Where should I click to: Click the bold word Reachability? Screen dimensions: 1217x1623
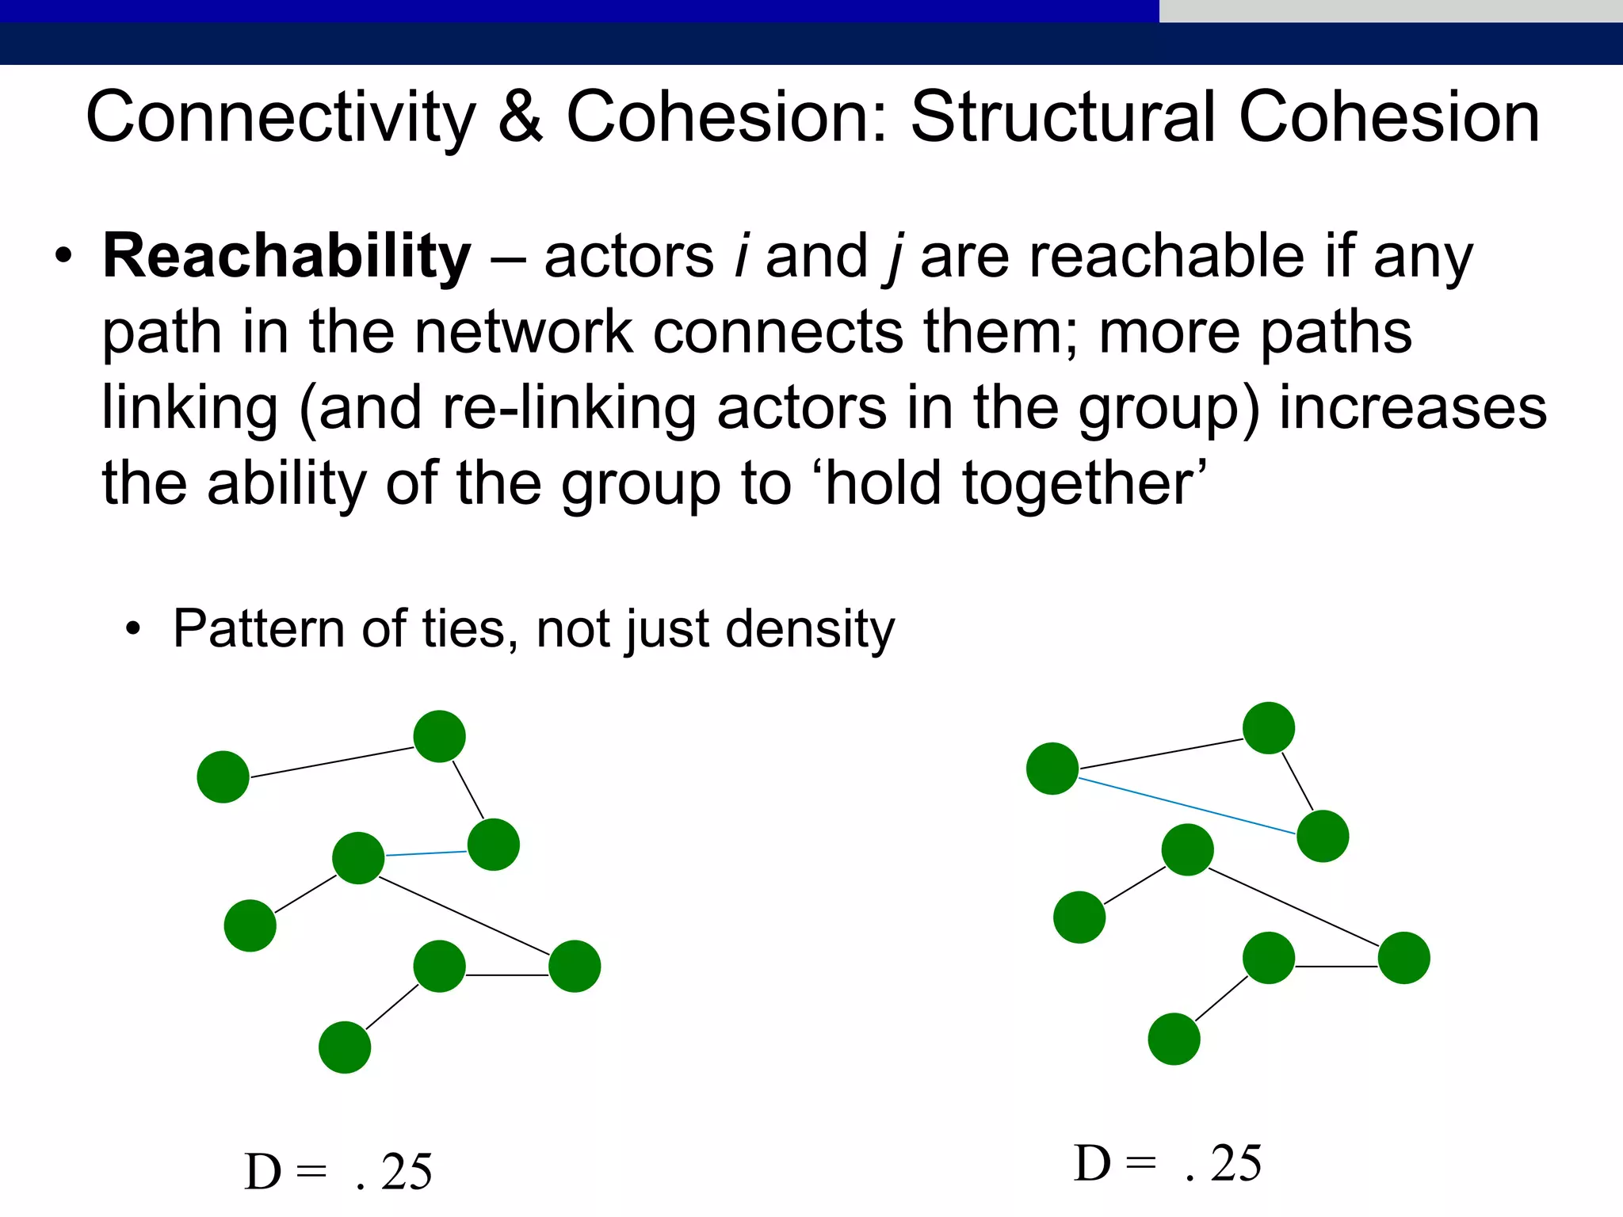tap(287, 258)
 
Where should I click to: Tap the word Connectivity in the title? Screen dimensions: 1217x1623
tap(281, 117)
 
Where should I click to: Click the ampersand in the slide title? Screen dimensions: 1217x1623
tap(521, 117)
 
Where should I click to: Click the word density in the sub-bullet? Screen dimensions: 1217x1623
tap(810, 630)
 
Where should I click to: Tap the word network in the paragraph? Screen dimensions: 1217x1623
tap(524, 332)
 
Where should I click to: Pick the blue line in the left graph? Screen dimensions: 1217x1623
tap(426, 853)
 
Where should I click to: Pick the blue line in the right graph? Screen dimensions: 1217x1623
tap(1186, 807)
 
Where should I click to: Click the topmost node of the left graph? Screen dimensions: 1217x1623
tap(440, 736)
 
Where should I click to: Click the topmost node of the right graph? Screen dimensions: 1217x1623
tap(1269, 728)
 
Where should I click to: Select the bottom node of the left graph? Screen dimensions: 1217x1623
tap(345, 1047)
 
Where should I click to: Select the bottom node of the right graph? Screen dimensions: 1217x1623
tap(1174, 1039)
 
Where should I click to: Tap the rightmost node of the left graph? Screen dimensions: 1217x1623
tap(575, 966)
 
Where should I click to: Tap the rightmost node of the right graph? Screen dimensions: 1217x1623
tap(1404, 958)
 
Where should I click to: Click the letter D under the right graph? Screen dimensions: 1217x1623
tap(1092, 1164)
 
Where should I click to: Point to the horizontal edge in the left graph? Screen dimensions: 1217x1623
tap(507, 975)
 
